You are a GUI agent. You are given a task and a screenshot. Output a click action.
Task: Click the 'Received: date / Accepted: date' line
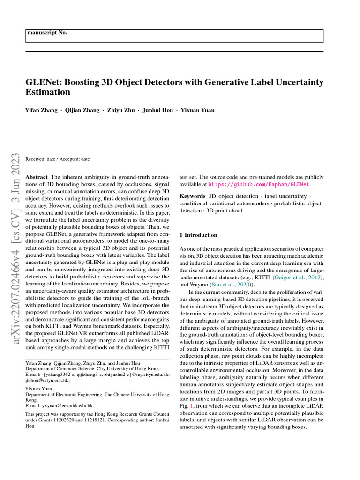tap(57, 159)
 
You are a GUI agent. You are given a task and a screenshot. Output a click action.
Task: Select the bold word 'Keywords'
tap(192, 196)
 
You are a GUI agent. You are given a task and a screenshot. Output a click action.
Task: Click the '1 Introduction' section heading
tap(198, 235)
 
